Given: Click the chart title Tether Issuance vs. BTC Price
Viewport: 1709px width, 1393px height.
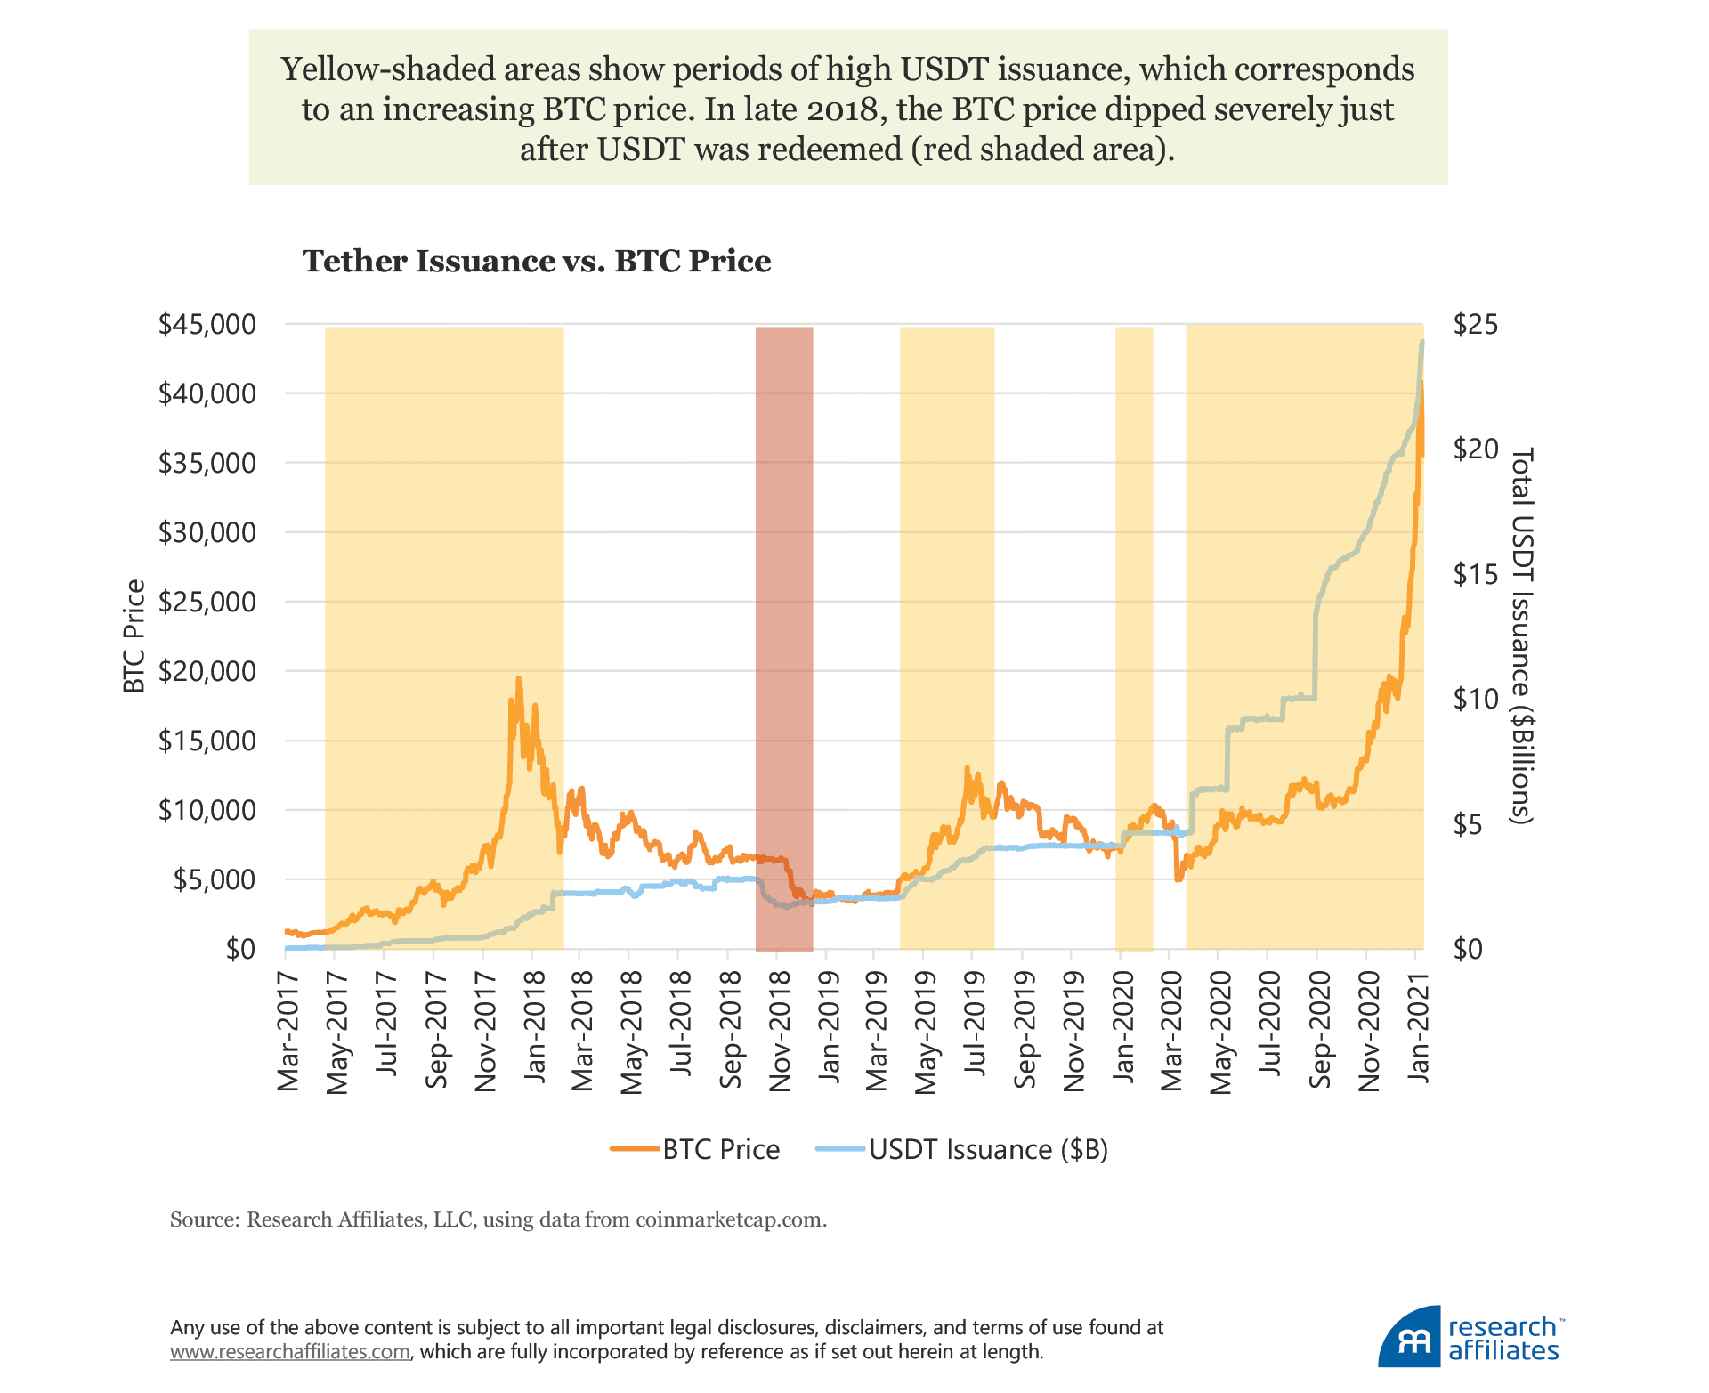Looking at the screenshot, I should [537, 261].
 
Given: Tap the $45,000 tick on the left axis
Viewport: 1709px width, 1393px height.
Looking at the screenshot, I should [207, 324].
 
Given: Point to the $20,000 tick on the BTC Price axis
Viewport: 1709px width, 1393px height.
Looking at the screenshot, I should [207, 671].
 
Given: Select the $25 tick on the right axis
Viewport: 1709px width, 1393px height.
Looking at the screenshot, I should [1475, 324].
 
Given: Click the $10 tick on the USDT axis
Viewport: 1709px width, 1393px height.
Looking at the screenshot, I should [1475, 699].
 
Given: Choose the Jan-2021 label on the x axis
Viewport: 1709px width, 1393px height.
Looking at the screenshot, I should [1418, 1028].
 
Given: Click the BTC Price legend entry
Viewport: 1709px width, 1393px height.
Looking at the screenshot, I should [721, 1149].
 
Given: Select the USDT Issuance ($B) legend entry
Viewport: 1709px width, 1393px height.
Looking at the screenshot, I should [988, 1149].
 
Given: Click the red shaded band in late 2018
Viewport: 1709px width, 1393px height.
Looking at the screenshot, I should [784, 623].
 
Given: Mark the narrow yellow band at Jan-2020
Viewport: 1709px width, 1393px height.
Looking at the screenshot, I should [1134, 623].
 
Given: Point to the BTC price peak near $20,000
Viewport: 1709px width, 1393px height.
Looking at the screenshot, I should [518, 679].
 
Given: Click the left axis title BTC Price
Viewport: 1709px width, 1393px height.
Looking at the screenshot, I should [134, 636].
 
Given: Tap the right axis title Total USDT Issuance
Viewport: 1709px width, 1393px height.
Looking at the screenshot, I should [1523, 636].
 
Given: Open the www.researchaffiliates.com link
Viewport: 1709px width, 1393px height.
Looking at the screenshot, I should [290, 1351].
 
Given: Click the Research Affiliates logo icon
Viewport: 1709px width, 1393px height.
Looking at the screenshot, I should [1408, 1339].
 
